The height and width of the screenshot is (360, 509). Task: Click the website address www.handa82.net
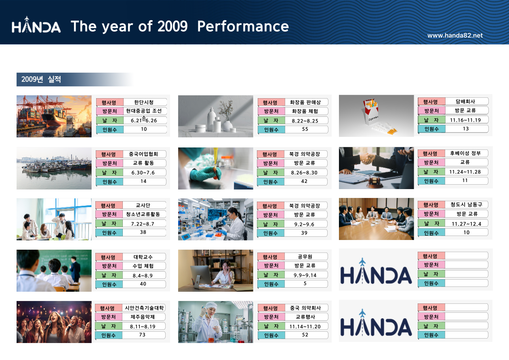pyautogui.click(x=455, y=36)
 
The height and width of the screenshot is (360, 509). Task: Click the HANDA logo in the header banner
pyautogui.click(x=36, y=25)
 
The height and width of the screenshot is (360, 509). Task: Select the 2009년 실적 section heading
pyautogui.click(x=41, y=79)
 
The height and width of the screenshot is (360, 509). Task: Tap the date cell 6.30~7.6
pyautogui.click(x=143, y=173)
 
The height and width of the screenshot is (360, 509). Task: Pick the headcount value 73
pyautogui.click(x=142, y=335)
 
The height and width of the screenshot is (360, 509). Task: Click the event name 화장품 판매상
pyautogui.click(x=305, y=102)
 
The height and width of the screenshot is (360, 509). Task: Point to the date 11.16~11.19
pyautogui.click(x=465, y=120)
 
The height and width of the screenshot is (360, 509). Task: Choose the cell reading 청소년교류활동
pyautogui.click(x=143, y=214)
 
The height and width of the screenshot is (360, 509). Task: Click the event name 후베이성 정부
pyautogui.click(x=465, y=153)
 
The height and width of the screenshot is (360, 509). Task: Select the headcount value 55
pyautogui.click(x=305, y=129)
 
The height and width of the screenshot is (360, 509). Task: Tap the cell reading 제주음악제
pyautogui.click(x=143, y=317)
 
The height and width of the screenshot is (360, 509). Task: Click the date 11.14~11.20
pyautogui.click(x=305, y=326)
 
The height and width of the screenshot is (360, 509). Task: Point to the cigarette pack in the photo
pyautogui.click(x=372, y=111)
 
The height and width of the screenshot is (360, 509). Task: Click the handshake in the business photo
pyautogui.click(x=368, y=158)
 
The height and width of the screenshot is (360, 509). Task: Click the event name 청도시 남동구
pyautogui.click(x=466, y=204)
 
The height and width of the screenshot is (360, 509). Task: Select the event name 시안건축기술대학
pyautogui.click(x=144, y=308)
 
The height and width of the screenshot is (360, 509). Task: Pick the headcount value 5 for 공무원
pyautogui.click(x=305, y=283)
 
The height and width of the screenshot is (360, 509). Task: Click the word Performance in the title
pyautogui.click(x=243, y=26)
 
